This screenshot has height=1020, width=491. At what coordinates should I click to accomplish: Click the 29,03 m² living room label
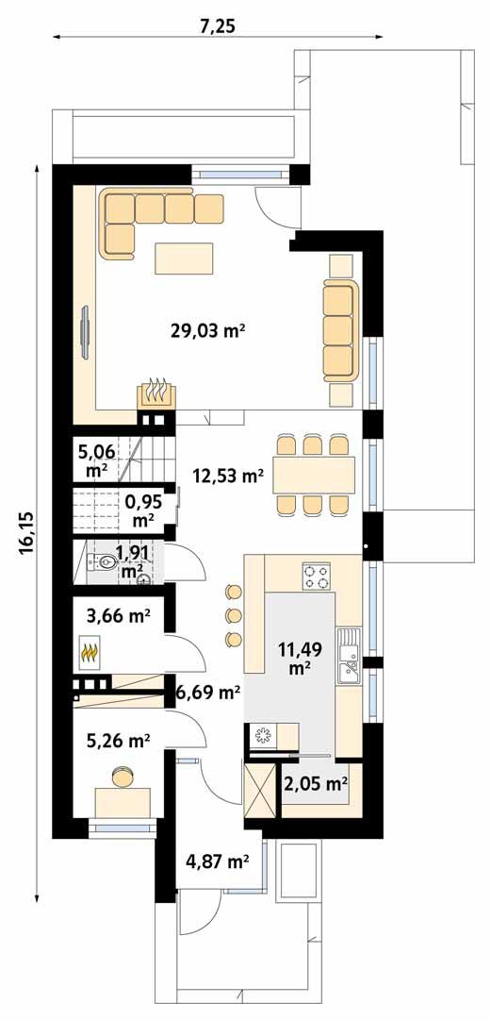207,330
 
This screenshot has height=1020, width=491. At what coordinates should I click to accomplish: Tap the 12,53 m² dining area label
226,476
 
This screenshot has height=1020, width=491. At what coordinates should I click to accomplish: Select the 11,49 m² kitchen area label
300,658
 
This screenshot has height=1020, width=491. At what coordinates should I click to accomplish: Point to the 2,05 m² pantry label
317,782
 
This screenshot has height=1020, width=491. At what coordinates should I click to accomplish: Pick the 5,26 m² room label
118,742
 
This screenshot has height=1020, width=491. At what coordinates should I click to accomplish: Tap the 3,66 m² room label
118,618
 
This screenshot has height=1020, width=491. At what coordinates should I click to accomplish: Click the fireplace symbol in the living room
155,393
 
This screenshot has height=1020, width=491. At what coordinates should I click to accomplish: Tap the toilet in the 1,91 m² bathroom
107,564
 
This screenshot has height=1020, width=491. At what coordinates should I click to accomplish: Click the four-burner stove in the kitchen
317,577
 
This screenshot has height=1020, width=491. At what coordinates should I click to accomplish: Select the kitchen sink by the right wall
349,656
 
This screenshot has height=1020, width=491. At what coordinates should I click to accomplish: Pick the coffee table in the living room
184,257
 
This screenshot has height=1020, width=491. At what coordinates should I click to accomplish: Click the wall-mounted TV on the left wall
85,330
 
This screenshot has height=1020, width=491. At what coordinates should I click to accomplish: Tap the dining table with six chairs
314,476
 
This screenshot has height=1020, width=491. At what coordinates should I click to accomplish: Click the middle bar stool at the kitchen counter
232,617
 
